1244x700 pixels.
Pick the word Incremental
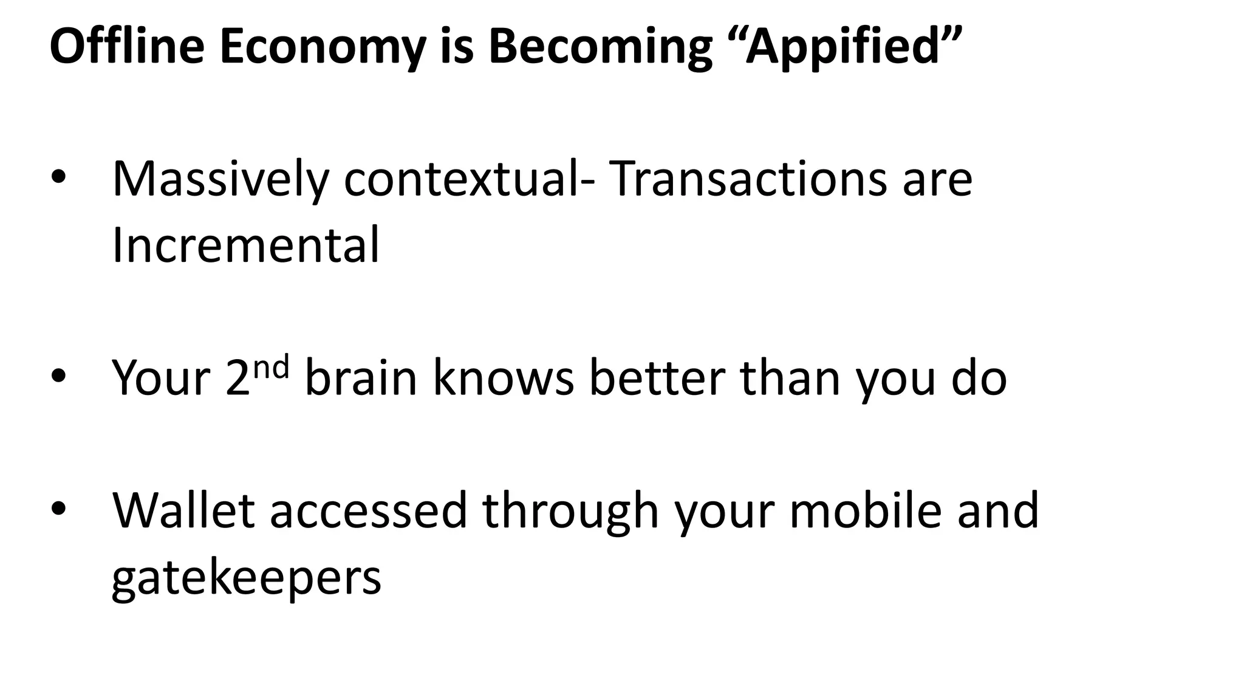coord(246,245)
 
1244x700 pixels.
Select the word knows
coord(503,378)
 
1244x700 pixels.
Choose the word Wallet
coord(183,510)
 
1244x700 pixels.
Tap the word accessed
coord(368,510)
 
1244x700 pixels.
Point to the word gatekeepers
coord(247,578)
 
